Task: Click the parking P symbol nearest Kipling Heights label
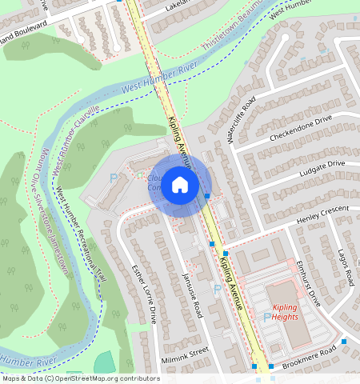point(267,318)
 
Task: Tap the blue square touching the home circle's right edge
point(207,195)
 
